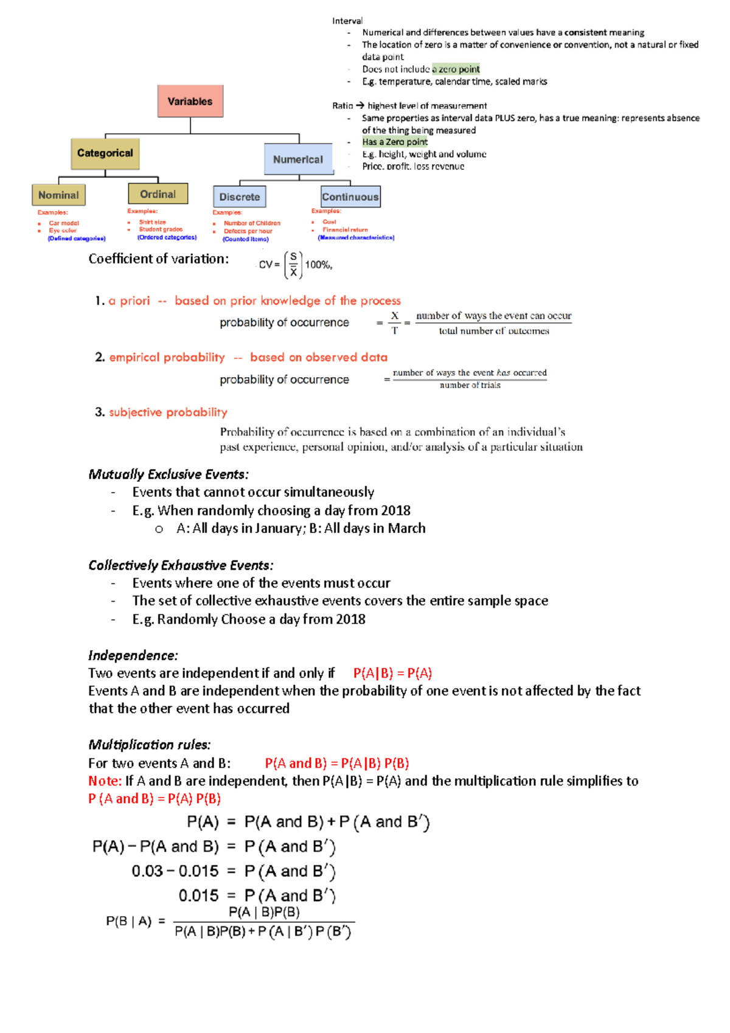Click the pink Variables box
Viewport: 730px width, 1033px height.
[x=190, y=101]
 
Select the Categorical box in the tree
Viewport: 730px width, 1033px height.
[x=105, y=153]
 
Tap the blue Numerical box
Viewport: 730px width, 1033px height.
[x=298, y=159]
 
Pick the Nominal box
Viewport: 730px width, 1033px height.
[x=58, y=195]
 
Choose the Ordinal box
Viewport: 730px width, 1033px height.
[x=158, y=194]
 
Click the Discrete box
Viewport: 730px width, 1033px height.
[x=240, y=197]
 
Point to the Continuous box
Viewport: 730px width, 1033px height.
[x=350, y=197]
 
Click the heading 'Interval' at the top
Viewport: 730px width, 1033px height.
[x=347, y=21]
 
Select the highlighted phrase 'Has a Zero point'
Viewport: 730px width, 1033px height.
[x=395, y=142]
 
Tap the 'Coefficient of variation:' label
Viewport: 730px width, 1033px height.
[x=159, y=259]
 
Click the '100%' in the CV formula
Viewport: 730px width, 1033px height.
[x=318, y=265]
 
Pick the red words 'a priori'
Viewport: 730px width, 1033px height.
[x=129, y=301]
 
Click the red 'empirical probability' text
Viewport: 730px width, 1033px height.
[x=167, y=357]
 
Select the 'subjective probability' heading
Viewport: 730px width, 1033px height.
[x=168, y=412]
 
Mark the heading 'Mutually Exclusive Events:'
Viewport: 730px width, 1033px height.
[x=169, y=474]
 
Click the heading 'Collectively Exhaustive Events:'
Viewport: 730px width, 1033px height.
[x=181, y=565]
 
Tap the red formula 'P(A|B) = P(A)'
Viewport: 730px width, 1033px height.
[x=392, y=673]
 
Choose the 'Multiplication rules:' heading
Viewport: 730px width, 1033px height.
[x=150, y=745]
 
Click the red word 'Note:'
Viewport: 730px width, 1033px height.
[x=105, y=781]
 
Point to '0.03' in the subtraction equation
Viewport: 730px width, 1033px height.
[x=147, y=871]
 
